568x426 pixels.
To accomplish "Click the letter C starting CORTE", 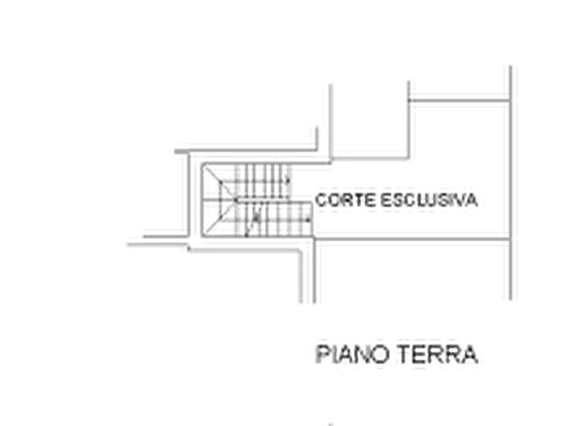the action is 321,200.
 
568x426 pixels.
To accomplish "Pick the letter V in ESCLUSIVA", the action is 459,200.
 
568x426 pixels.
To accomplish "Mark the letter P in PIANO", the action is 322,354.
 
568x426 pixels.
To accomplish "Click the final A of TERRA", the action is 470,354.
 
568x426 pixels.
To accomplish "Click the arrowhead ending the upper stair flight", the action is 288,180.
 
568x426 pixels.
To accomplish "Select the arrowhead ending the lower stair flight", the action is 308,219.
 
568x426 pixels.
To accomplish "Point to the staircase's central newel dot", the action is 235,200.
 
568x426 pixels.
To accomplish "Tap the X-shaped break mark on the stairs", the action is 256,217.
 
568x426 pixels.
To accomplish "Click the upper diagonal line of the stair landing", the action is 220,184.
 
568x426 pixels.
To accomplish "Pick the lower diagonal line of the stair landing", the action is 221,217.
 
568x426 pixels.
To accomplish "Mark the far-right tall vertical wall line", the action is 510,183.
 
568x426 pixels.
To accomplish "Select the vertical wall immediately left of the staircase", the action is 188,195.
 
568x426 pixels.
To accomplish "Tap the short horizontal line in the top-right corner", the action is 459,100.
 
